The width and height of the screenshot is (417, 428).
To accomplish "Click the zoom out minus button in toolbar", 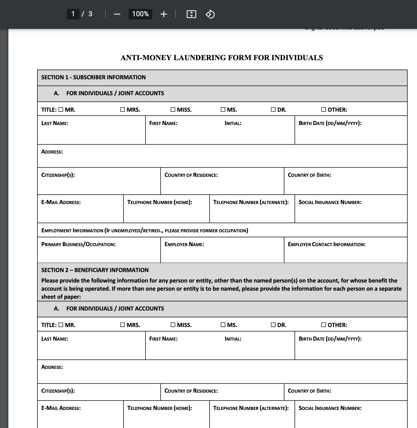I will (117, 14).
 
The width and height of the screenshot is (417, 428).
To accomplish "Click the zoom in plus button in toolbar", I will (164, 14).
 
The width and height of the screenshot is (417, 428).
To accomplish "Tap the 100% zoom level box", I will (140, 14).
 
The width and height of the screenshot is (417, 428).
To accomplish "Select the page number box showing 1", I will (73, 14).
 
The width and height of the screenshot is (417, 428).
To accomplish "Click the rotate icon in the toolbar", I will (210, 14).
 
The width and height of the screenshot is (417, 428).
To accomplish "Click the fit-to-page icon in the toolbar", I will (191, 14).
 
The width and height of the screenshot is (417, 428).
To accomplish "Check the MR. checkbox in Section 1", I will (61, 110).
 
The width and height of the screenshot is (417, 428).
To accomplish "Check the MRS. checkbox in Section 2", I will (122, 325).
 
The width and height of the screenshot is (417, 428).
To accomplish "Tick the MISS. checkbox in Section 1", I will (173, 110).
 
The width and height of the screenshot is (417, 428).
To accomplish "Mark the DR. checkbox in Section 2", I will (273, 325).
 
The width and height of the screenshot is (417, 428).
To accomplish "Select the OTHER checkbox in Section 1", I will (324, 110).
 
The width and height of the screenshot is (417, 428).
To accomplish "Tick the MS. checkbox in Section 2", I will (223, 325).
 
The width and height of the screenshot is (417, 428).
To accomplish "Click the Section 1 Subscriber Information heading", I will (93, 77).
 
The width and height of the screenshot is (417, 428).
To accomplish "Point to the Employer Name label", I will (184, 245).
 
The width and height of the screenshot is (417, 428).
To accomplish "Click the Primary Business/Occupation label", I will (78, 245).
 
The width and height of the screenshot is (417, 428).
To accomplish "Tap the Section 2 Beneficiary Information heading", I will (95, 270).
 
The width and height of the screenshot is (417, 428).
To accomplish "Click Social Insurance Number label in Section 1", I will (330, 202).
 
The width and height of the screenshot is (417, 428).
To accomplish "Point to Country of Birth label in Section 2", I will (309, 391).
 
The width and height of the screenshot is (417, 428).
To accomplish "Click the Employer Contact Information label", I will (326, 245).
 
